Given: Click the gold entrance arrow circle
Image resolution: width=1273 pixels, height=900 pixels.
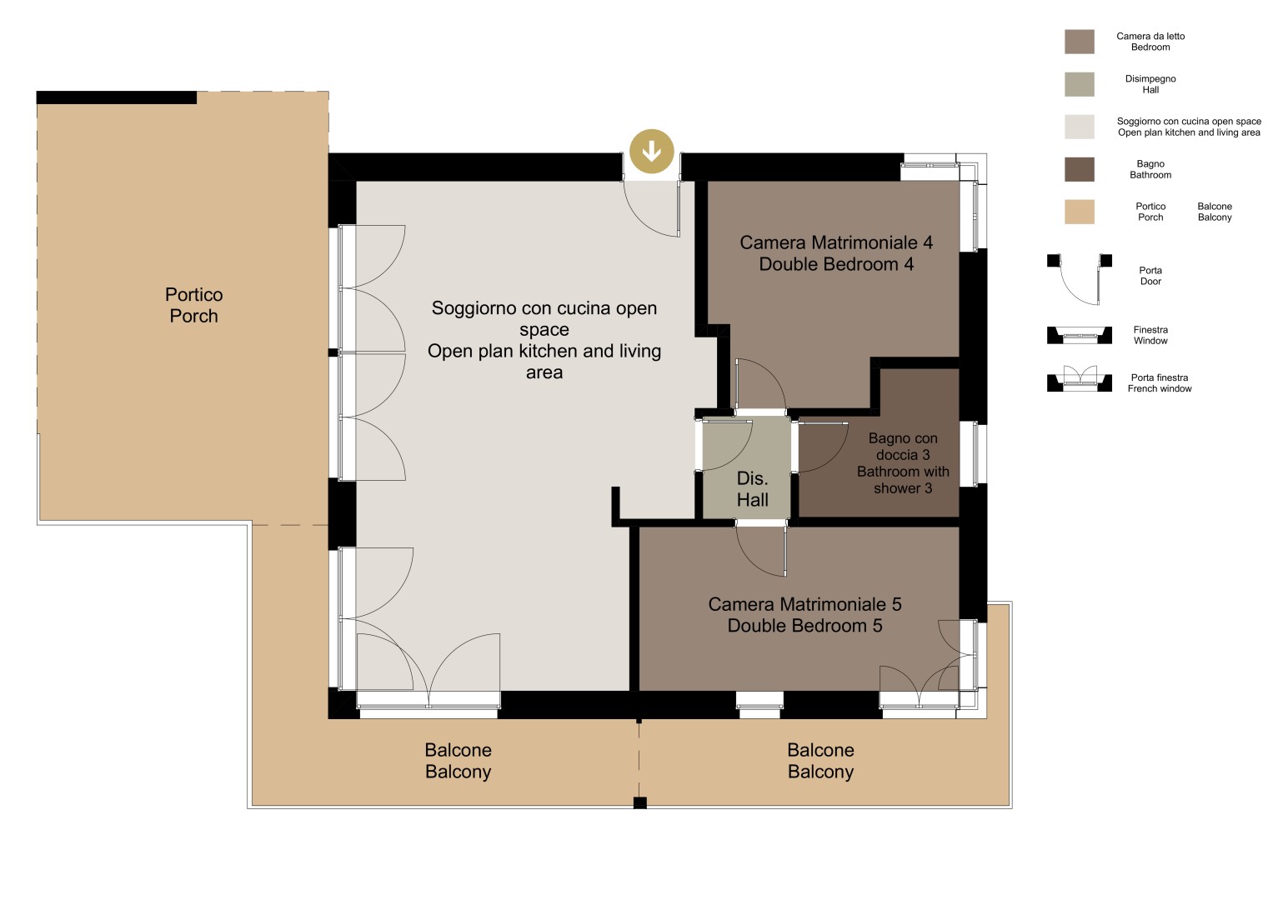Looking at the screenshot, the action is click(x=652, y=151).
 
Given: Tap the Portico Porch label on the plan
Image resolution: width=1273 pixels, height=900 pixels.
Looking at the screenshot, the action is click(x=193, y=305).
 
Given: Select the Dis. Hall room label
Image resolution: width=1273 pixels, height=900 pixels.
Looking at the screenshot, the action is click(x=752, y=488).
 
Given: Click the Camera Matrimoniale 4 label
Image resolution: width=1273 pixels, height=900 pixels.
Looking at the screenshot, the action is click(x=836, y=252).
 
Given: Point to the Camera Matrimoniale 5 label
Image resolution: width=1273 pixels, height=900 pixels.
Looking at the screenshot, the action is click(x=804, y=614).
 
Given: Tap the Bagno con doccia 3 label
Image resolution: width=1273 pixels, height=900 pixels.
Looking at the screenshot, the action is click(x=903, y=462).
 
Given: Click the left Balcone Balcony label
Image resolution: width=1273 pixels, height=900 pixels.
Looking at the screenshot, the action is click(x=458, y=760).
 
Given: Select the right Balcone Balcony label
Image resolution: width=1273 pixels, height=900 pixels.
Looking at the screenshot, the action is click(x=820, y=760).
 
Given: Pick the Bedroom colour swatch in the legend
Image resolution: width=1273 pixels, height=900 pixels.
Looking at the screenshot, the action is click(x=1080, y=42).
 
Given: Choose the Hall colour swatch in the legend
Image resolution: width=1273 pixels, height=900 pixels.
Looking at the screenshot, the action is click(x=1080, y=84).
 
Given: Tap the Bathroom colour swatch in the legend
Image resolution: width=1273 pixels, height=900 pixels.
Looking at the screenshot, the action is click(x=1080, y=169).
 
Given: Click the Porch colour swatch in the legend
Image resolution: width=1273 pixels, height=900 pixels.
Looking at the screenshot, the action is click(x=1080, y=212).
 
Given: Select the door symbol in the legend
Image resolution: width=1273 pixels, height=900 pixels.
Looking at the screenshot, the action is click(x=1080, y=279).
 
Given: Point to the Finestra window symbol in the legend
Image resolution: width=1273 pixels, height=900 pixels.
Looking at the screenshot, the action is click(x=1080, y=335).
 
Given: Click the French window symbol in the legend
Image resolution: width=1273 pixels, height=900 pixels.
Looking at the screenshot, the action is click(x=1080, y=378).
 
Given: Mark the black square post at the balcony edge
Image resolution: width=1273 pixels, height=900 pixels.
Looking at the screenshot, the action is click(x=640, y=802).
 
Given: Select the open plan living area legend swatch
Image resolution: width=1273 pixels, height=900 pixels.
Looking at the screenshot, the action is click(x=1080, y=127).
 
